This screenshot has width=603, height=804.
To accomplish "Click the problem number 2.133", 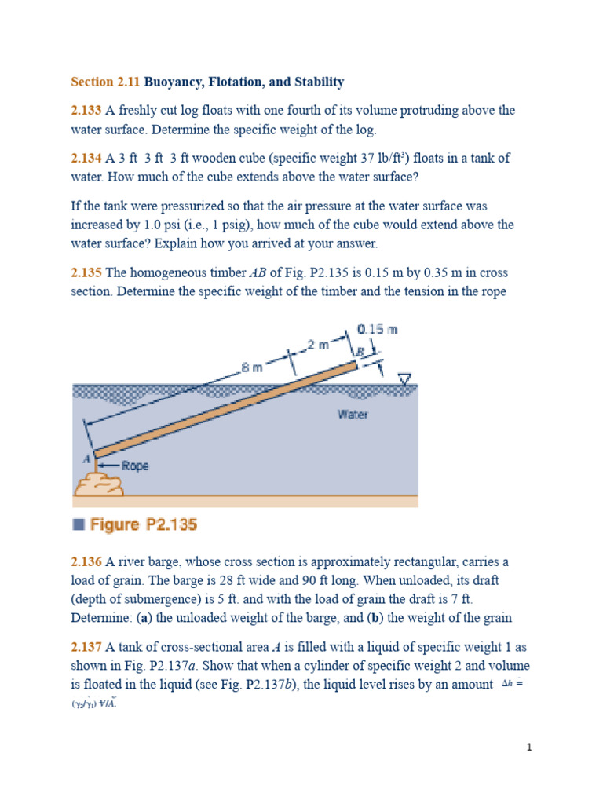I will pos(86,111).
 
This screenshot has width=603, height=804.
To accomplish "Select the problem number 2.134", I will pos(86,159).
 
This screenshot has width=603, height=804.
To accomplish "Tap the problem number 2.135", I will pos(86,273).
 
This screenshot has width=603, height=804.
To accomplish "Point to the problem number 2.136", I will pos(86,562).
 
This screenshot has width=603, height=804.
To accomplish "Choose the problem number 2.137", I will pos(86,647).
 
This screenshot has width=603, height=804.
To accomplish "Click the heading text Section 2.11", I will pos(105,82).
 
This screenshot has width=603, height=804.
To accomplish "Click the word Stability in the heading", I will pos(318,82).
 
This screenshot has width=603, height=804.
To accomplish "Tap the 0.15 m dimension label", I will pos(377,329).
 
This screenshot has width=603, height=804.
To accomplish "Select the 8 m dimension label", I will pos(252,367).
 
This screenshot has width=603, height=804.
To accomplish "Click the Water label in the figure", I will pos(353,415).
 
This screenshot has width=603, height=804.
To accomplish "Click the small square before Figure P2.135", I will pos(78,525).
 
